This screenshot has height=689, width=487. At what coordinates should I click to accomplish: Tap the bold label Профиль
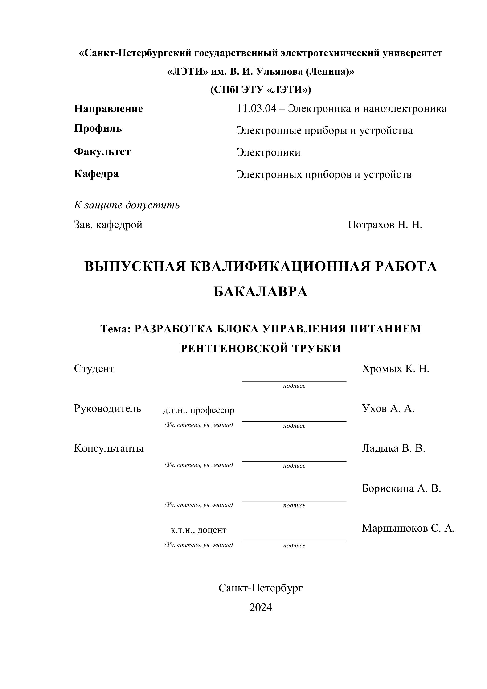coord(98,128)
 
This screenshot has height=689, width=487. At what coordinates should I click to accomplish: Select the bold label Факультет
coord(102,152)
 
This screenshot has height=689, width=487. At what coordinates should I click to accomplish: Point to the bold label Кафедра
coord(96,174)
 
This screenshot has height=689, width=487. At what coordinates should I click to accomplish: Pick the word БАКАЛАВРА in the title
coord(260,292)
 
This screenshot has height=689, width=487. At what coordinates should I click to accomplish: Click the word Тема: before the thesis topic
coord(115,329)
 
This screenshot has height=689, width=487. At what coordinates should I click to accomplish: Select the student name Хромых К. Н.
coord(395,369)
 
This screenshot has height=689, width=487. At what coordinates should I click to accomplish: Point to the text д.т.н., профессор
coord(199,410)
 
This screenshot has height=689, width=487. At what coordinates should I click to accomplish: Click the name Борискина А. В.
coord(401,488)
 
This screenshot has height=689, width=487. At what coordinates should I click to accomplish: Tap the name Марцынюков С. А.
coord(408,528)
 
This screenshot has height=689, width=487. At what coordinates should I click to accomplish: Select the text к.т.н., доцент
coord(199,530)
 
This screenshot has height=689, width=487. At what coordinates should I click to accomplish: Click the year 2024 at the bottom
coord(260,607)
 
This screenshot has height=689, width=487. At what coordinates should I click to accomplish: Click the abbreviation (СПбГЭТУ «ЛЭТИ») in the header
coord(260,90)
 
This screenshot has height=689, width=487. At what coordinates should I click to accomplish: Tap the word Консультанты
coord(109,448)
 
